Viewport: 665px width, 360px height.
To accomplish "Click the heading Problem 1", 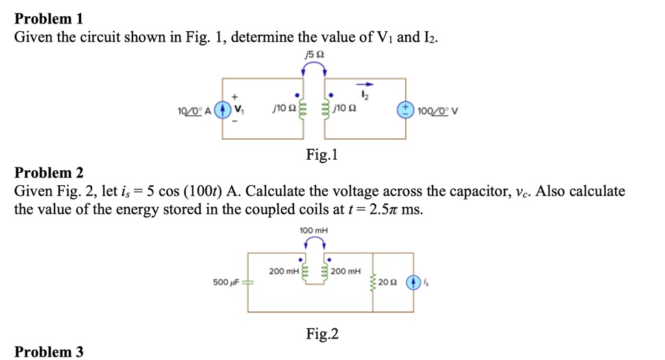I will tap(49, 18).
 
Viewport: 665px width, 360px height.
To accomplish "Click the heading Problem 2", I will tap(49, 173).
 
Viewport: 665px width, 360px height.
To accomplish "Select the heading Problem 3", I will tap(49, 352).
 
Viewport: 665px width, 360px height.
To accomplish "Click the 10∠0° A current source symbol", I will tap(223, 109).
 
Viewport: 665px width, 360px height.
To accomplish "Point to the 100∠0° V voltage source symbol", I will tap(407, 109).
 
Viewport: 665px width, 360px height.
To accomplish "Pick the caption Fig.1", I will tap(322, 155).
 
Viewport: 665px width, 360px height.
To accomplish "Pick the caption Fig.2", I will tap(322, 335).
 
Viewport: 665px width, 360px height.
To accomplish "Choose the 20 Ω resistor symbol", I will tap(373, 283).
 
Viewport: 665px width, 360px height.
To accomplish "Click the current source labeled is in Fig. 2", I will tap(413, 283).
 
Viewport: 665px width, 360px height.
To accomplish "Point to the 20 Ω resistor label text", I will tap(387, 283).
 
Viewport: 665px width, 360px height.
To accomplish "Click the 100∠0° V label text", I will tap(440, 109).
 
